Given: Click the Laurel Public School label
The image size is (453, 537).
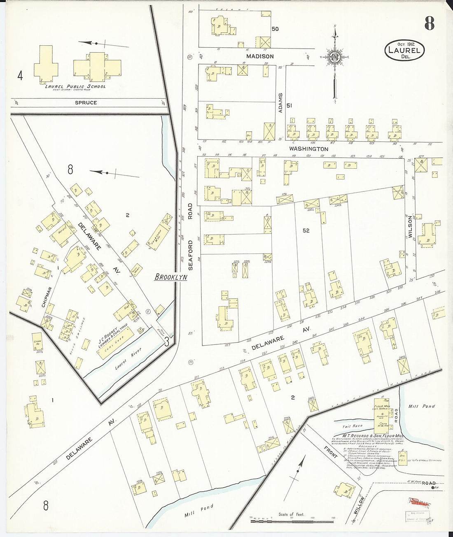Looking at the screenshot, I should (x=75, y=86).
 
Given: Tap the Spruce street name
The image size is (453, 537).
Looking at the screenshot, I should (x=86, y=102).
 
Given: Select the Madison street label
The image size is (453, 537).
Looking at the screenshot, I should (x=260, y=56).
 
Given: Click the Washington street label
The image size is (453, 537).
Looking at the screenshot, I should (x=308, y=149).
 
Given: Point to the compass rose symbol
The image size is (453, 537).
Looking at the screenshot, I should (x=334, y=57).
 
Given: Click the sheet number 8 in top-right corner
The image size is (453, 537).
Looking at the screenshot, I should (x=429, y=24).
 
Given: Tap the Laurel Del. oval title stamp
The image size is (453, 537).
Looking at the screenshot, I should (x=404, y=50).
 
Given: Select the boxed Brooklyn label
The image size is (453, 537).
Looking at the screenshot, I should (x=170, y=277).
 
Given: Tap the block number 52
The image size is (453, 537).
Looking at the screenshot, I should (x=306, y=230).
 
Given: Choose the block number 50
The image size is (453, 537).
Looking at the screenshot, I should (x=275, y=29).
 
